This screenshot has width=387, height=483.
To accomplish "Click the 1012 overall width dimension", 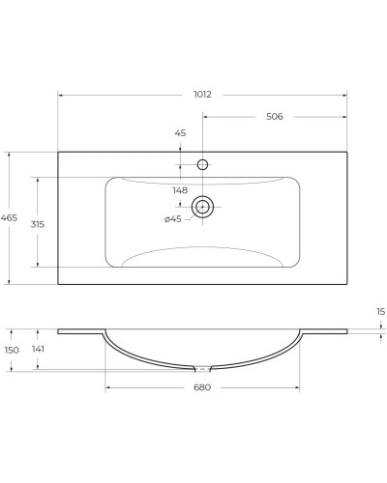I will click(202, 95).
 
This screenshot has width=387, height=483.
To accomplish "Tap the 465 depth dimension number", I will click(9, 218).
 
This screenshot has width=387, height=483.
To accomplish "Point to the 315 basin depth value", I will click(38, 223).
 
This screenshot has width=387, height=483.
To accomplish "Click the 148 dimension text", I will click(180, 190).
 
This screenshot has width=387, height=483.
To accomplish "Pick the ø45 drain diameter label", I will click(172, 219).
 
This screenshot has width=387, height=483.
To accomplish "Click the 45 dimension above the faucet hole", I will click(180, 132).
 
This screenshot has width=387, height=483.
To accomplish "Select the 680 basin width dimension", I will click(201, 387).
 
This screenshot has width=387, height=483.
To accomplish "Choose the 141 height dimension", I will click(38, 350).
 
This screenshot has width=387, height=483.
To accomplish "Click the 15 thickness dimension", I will click(380, 311).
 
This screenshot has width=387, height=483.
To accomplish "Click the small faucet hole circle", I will click(202, 165).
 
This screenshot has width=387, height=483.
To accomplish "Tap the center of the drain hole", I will click(202, 206).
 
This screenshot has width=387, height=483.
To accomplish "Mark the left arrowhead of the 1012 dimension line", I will click(60, 95).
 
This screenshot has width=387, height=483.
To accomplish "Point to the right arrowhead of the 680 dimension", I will click(297, 387).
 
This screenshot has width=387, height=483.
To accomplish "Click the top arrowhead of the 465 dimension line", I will click(9, 153).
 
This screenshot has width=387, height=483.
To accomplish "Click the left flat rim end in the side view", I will click(61, 331).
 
